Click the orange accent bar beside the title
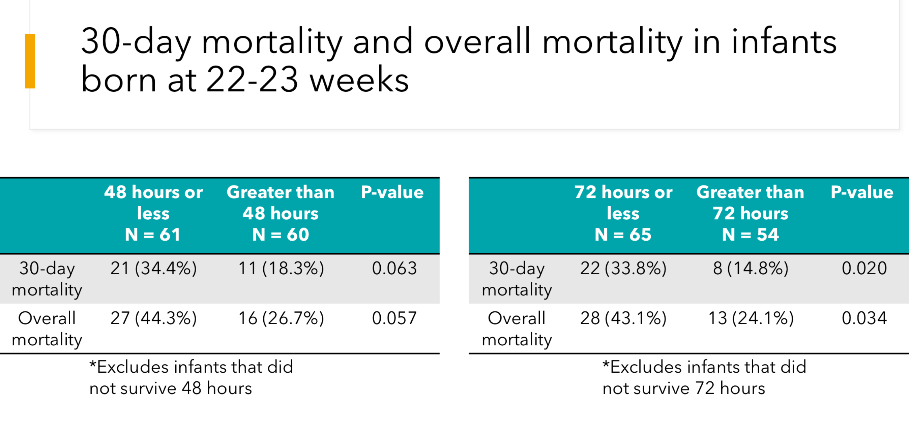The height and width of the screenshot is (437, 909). pos(30,61)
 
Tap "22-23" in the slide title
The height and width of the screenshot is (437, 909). pos(252,80)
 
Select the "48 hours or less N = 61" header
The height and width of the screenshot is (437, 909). pos(153,213)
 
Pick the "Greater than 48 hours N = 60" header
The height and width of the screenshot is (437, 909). pos(281,213)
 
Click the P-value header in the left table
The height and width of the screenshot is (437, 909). pos(392,192)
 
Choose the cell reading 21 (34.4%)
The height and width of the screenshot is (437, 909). pos(153,268)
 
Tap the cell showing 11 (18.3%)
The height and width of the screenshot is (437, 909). pos(281,268)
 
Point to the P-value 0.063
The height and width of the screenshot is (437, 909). pos(394,268)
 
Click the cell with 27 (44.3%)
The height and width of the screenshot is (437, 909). pos(153,318)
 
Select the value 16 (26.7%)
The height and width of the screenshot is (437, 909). pos(281,318)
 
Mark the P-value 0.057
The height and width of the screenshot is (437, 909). pos(394,318)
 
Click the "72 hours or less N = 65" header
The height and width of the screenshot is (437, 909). pos(623,213)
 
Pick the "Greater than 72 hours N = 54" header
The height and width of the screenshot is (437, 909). pos(750,213)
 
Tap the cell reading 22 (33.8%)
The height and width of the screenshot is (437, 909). pos(623,268)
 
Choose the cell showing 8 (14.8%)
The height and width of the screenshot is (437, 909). pos(751,268)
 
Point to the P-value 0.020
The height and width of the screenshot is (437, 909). pos(864,268)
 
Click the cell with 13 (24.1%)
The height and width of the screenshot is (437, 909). pos(751,318)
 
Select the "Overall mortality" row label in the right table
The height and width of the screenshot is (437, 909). pos(517,329)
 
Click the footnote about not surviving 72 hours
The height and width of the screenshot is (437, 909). pos(704,378)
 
